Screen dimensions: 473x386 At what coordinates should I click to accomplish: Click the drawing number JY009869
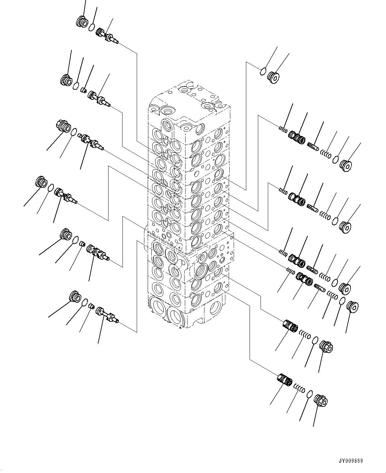[x=350, y=461]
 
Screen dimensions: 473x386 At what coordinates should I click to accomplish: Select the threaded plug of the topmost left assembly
[x=82, y=22]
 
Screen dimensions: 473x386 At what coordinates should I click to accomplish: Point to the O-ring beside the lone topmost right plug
[x=263, y=70]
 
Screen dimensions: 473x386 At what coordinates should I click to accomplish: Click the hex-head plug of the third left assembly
[x=63, y=126]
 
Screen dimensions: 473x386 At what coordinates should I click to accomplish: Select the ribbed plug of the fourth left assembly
[x=40, y=182]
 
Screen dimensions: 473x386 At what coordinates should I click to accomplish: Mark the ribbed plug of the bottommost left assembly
[x=75, y=296]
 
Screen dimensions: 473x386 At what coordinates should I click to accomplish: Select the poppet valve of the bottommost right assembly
[x=284, y=380]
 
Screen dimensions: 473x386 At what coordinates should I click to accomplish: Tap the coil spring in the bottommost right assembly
[x=300, y=389]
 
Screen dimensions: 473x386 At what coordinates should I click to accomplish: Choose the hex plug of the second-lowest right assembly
[x=326, y=347]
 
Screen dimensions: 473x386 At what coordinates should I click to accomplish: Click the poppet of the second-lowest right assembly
[x=290, y=325]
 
